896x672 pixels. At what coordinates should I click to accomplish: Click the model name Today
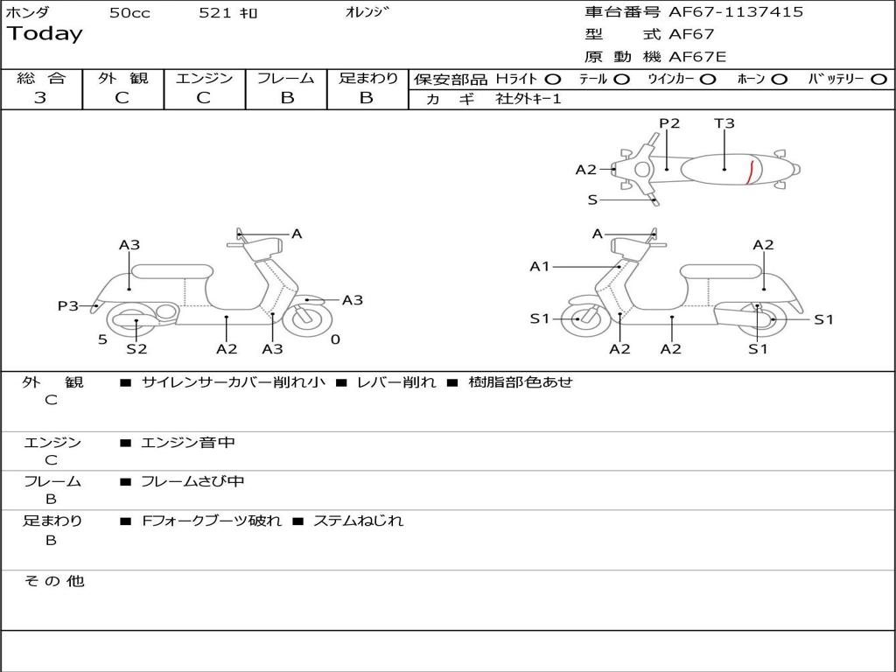[x=45, y=34]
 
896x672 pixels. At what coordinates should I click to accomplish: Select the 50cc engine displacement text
[x=129, y=13]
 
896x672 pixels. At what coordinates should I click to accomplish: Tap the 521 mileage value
[x=216, y=13]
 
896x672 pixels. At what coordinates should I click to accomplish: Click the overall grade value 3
[x=40, y=98]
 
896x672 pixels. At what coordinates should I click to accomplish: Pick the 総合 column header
[x=41, y=79]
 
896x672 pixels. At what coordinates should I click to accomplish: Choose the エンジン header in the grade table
[x=204, y=79]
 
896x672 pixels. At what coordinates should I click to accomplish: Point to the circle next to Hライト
[x=553, y=80]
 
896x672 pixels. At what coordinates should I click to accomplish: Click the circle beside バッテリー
[x=879, y=80]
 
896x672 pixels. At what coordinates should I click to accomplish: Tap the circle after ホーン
[x=780, y=80]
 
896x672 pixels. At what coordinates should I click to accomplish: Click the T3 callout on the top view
[x=724, y=123]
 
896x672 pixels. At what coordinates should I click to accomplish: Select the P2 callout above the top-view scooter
[x=669, y=123]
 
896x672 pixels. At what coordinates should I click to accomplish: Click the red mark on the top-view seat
[x=750, y=172]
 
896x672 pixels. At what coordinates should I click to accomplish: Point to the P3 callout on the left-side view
[x=68, y=305]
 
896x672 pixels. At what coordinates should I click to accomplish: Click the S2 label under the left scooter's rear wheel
[x=136, y=349]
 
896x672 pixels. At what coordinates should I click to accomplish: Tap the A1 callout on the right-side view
[x=540, y=267]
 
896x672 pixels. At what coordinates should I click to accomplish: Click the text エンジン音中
[x=188, y=443]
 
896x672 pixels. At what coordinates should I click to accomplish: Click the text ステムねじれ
[x=358, y=521]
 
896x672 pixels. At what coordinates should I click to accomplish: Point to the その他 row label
[x=53, y=581]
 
